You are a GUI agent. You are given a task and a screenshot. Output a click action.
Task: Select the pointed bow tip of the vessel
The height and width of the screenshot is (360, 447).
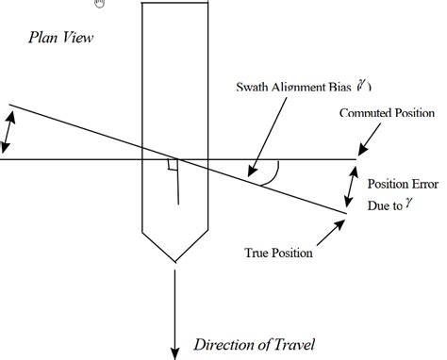click(174, 261)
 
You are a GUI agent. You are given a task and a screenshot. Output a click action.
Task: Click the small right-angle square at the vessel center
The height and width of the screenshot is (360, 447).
click(172, 166)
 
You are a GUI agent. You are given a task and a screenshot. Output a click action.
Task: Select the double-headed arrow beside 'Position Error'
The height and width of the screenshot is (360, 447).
click(354, 188)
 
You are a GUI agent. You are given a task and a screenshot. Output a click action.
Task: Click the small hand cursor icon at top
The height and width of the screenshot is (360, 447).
click(101, 3)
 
